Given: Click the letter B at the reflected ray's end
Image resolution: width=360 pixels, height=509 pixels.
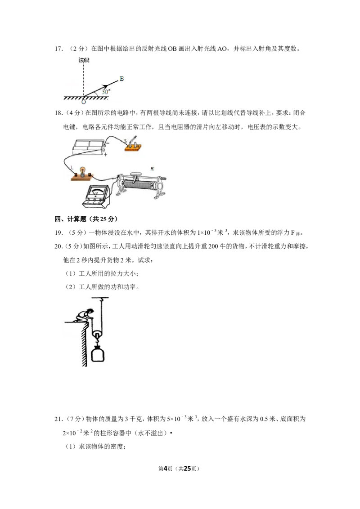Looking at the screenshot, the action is tap(121, 79).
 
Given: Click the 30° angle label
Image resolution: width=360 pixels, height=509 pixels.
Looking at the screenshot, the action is tap(106, 92).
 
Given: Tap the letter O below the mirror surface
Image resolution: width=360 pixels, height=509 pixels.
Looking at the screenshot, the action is tap(84, 102).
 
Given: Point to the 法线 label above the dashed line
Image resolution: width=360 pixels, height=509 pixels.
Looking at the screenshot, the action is tap(84, 60).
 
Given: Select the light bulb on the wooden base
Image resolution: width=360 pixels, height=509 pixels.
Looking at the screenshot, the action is tap(83, 171).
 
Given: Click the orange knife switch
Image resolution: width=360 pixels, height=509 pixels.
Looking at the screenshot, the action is tap(134, 145).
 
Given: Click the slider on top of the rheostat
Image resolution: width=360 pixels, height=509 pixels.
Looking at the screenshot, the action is tap(136, 177).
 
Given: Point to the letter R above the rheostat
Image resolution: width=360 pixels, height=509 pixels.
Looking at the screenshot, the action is tap(152, 169).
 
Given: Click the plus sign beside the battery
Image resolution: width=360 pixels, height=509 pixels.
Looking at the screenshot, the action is tap(106, 155).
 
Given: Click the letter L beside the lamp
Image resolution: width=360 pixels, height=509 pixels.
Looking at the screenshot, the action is tap(72, 168).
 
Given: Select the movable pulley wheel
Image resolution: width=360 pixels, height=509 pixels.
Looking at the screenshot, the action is tap(96, 335).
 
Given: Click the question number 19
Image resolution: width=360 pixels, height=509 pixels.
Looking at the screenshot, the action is tap(58, 232).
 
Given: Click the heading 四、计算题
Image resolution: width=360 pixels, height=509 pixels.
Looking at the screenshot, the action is tap(71, 219).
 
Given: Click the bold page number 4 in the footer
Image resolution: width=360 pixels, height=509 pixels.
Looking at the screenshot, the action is tap(165, 469).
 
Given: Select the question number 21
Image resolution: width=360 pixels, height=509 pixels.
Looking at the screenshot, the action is tap(58, 419).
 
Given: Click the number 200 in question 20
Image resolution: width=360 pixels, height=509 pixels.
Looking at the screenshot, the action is tap(213, 246).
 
